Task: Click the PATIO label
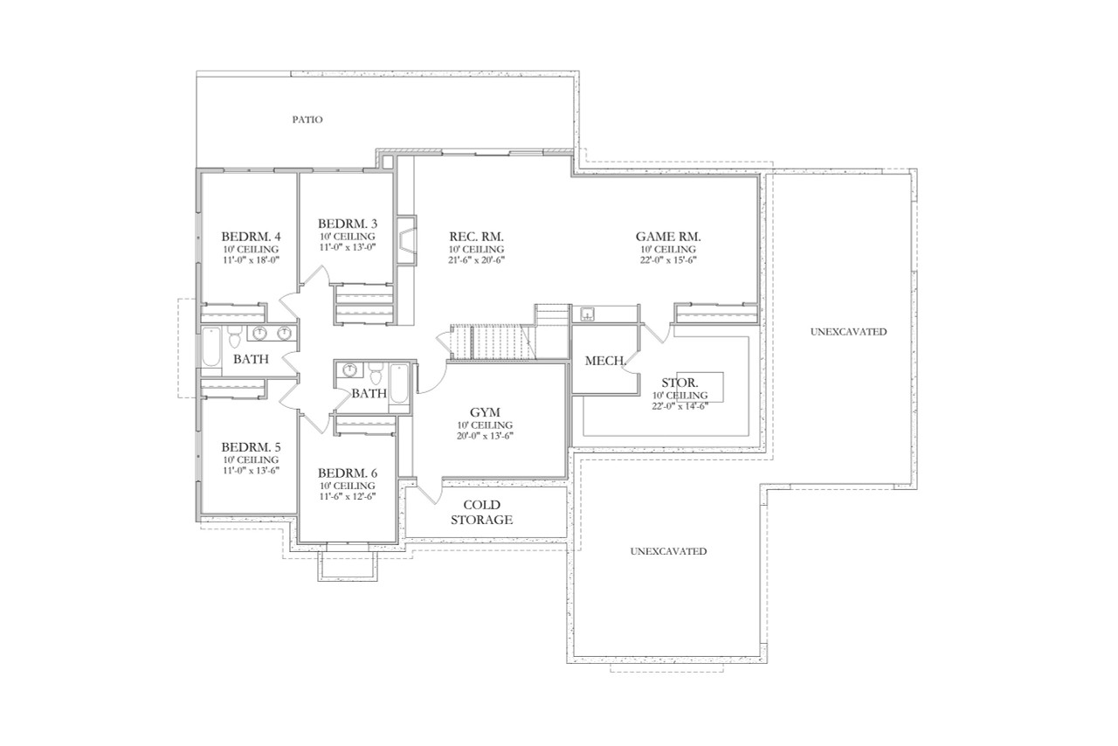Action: pos(307,119)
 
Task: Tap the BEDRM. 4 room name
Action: pos(251,236)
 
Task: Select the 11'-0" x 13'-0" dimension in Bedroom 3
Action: pos(347,247)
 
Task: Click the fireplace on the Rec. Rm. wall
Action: pos(406,237)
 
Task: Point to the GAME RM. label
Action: pos(668,236)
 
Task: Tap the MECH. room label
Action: pos(603,360)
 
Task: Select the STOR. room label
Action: pos(679,383)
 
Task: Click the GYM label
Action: pos(485,412)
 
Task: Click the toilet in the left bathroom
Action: pos(234,335)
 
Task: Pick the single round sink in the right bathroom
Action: pos(349,370)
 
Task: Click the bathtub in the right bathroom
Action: pos(398,385)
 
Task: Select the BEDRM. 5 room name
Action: pos(251,444)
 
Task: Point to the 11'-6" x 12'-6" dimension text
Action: pos(347,496)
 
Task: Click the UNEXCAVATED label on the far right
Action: pos(847,332)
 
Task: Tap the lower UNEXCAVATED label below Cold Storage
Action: pos(668,551)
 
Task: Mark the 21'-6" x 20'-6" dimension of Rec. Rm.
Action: pos(477,259)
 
